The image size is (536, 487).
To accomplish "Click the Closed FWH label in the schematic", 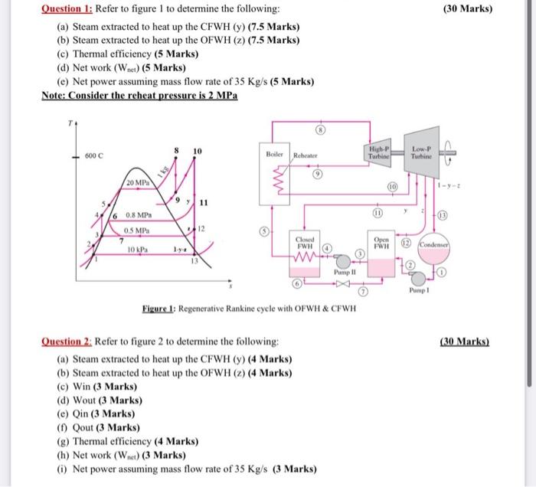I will (x=301, y=244).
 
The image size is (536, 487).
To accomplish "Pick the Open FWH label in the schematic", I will (x=381, y=244).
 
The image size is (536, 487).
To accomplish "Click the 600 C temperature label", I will (x=96, y=156).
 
